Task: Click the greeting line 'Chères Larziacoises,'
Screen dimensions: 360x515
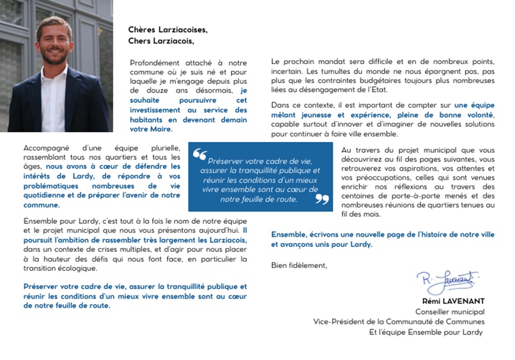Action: (x=168, y=29)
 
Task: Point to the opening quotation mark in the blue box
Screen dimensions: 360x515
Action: (x=200, y=155)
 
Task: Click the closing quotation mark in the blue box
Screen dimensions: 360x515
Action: (x=322, y=199)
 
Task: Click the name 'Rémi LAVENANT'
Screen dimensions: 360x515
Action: (x=452, y=301)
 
